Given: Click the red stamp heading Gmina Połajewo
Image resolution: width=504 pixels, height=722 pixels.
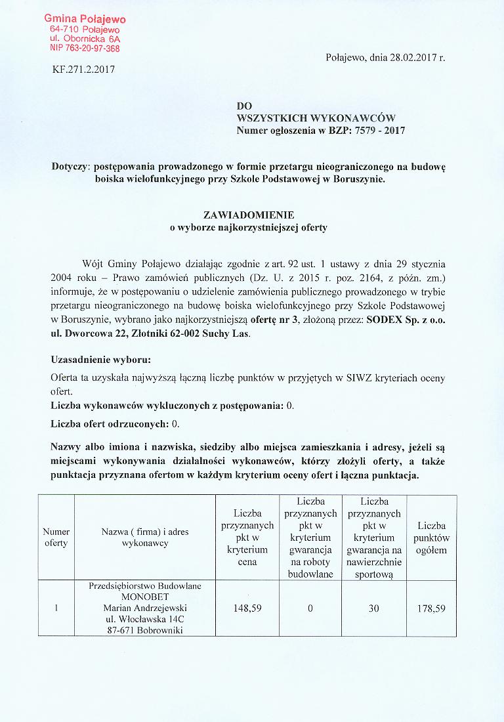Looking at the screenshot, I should [x=85, y=20].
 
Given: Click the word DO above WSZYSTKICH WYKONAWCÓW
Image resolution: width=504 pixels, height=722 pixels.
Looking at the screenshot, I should [x=243, y=106].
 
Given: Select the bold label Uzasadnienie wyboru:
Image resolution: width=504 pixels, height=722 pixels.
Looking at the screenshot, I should [x=100, y=360].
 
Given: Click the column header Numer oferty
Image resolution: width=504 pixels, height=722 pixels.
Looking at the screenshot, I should [x=56, y=538].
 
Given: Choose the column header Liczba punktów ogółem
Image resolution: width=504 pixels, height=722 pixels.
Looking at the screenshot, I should [x=431, y=538].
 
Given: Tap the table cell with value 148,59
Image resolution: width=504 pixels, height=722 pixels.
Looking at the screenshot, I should [x=247, y=608].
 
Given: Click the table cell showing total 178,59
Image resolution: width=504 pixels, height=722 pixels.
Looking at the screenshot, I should [x=431, y=608].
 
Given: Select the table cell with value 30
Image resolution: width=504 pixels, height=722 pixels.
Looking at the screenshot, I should [x=373, y=608].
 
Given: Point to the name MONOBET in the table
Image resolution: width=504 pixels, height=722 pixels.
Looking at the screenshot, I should [x=146, y=597].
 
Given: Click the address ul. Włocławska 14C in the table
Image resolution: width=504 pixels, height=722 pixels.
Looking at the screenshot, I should [x=146, y=620].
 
